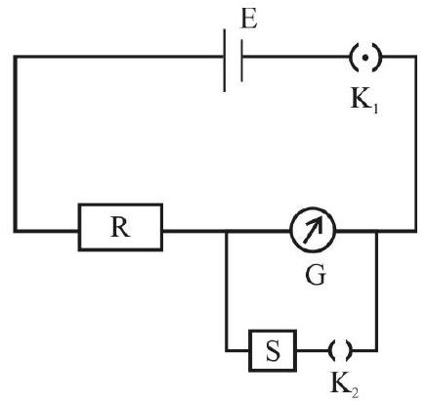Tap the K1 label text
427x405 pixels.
(x=364, y=100)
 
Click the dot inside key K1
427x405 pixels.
(x=365, y=58)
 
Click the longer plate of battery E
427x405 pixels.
(x=225, y=61)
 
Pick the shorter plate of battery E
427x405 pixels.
(x=241, y=61)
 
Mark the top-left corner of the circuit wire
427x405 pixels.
(x=15, y=57)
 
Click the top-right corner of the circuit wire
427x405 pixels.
(x=415, y=57)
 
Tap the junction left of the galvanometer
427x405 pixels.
(x=227, y=231)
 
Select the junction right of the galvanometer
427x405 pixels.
(x=376, y=231)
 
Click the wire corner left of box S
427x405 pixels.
(x=227, y=351)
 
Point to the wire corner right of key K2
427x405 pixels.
(x=376, y=351)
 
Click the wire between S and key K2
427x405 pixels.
(x=314, y=351)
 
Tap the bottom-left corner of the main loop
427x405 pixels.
(x=15, y=231)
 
